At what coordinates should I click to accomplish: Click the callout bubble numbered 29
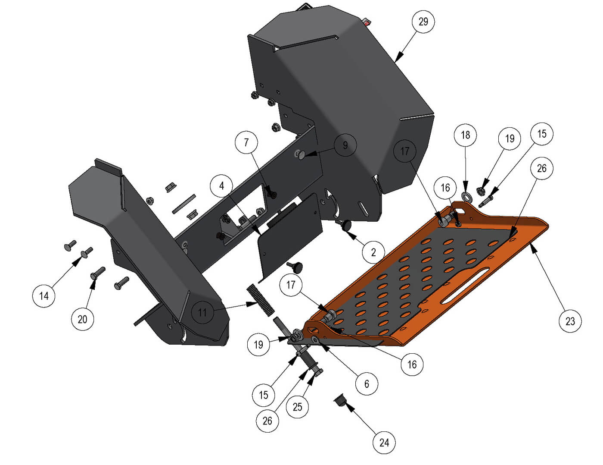pyautogui.click(x=423, y=22)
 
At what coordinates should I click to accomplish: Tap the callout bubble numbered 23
pyautogui.click(x=570, y=321)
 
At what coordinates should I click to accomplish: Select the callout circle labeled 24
pyautogui.click(x=384, y=443)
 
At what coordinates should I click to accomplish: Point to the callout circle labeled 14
pyautogui.click(x=44, y=296)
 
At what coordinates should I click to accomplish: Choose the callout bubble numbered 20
pyautogui.click(x=82, y=319)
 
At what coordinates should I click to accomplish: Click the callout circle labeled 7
pyautogui.click(x=246, y=142)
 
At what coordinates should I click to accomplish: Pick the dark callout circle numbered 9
pyautogui.click(x=345, y=145)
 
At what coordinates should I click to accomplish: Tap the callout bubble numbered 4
pyautogui.click(x=221, y=186)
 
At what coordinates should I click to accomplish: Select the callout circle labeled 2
pyautogui.click(x=373, y=252)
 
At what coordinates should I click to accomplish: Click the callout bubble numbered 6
pyautogui.click(x=367, y=384)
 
